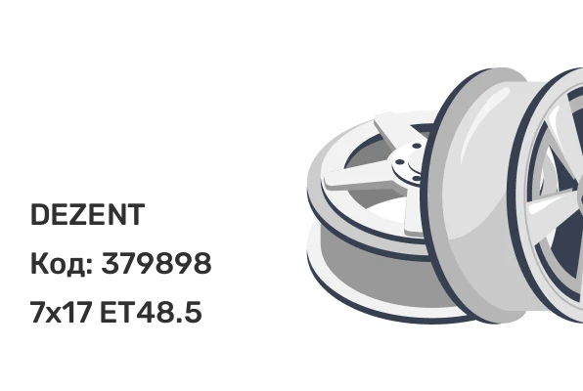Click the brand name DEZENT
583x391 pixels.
coord(87,214)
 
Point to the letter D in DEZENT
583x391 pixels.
coord(40,214)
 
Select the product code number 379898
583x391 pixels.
coord(157,264)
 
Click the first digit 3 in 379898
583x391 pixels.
coord(110,264)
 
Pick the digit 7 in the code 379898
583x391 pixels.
coord(127,264)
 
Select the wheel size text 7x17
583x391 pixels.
coord(61,312)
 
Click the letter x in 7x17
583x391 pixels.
coord(54,315)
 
